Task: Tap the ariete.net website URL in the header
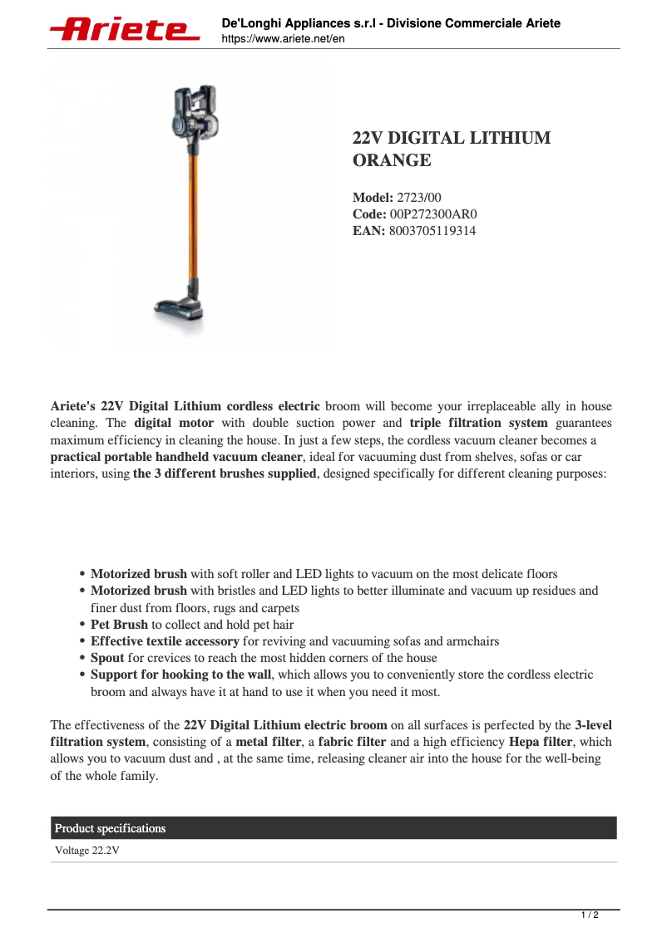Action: [283, 39]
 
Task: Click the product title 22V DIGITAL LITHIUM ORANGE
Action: [451, 149]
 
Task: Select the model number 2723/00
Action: [421, 198]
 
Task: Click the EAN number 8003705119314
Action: [432, 231]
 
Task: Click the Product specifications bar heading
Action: [110, 828]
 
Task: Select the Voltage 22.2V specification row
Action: [87, 851]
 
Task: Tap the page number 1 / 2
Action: [589, 915]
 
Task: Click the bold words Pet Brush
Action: [119, 624]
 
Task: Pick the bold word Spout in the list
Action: [107, 658]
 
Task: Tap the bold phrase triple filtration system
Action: [479, 423]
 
